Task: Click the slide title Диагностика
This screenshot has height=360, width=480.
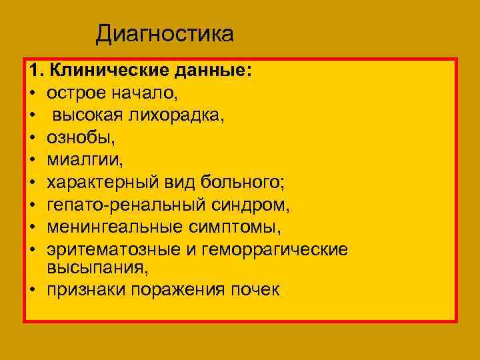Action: pyautogui.click(x=165, y=33)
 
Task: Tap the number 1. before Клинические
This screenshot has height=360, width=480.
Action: pyautogui.click(x=36, y=71)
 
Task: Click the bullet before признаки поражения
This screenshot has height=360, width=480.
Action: pyautogui.click(x=33, y=291)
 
